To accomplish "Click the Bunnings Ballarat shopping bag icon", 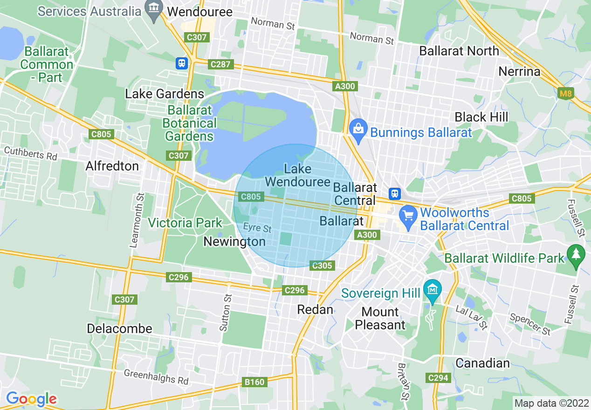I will click(x=358, y=127).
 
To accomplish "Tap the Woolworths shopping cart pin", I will click(x=409, y=216).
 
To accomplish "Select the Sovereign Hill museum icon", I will click(x=433, y=288).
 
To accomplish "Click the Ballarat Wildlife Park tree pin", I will click(x=576, y=254).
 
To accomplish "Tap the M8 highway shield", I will click(x=566, y=94).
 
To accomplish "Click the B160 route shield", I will click(x=254, y=382).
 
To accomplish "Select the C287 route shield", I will click(x=220, y=64).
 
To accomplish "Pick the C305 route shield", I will click(x=322, y=266).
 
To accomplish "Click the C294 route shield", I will click(x=437, y=378).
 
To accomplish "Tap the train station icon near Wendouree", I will click(x=182, y=63).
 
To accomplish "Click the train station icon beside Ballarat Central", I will click(x=395, y=193).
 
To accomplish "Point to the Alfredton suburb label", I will click(x=112, y=166).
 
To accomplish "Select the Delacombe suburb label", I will click(x=119, y=328).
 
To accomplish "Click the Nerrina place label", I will click(x=519, y=71).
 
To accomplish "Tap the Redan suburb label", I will click(x=316, y=309).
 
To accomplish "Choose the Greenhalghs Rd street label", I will click(x=156, y=377).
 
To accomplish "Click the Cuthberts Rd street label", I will click(x=31, y=153).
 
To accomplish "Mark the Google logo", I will click(x=31, y=399).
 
